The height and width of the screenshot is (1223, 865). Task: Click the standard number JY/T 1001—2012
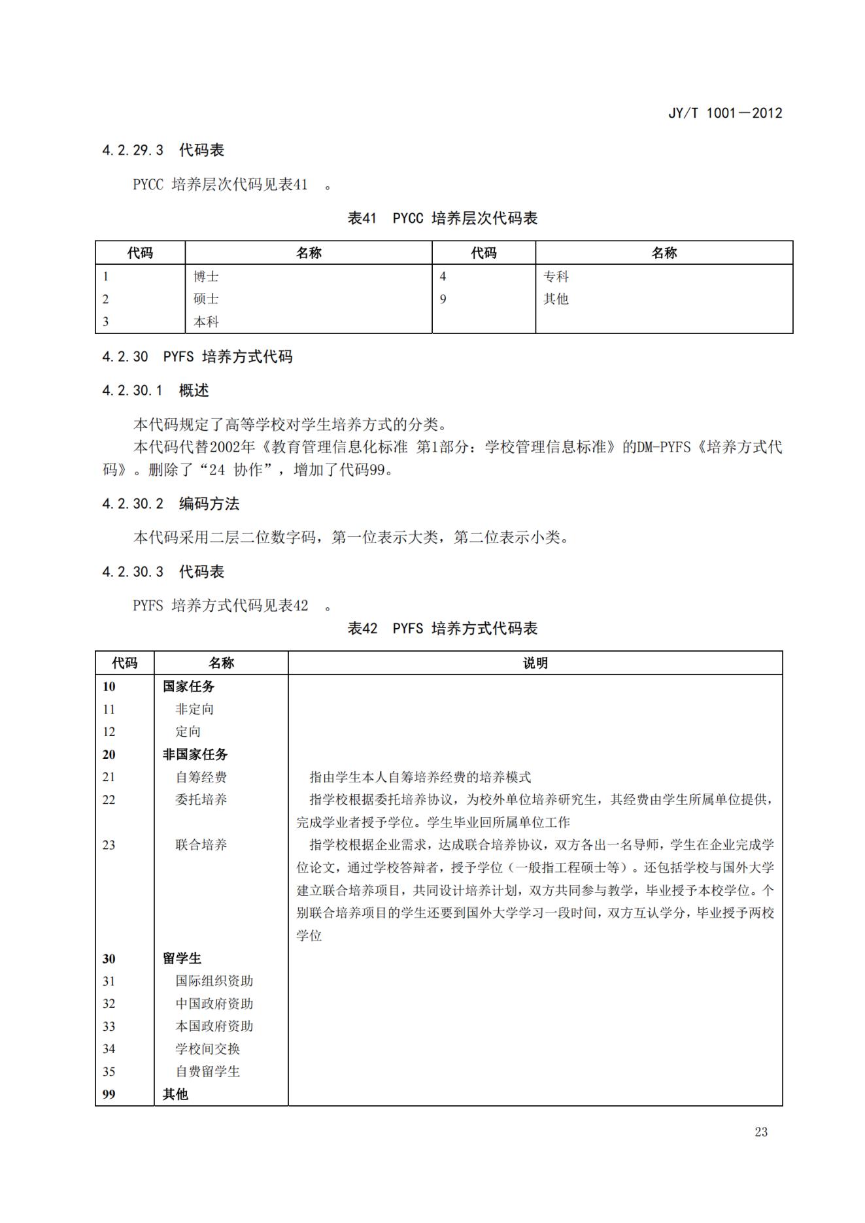[x=724, y=113]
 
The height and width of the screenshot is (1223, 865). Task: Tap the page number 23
[x=760, y=1132]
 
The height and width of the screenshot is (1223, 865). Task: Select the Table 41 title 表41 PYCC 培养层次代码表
[x=442, y=218]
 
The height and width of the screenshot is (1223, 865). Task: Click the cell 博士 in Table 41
[x=206, y=276]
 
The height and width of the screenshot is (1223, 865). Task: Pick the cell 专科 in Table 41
[x=556, y=276]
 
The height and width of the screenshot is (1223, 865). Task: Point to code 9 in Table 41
[x=443, y=299]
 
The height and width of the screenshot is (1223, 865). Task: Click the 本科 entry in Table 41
[x=206, y=322]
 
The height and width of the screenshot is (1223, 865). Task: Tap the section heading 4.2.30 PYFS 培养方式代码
[x=197, y=357]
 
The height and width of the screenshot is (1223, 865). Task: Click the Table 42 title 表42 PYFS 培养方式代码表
[x=442, y=629]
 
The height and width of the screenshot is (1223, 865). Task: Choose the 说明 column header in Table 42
[x=535, y=663]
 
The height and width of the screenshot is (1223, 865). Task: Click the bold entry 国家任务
[x=188, y=686]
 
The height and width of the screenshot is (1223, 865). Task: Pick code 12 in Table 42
[x=109, y=732]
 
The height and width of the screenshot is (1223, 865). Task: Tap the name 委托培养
[x=201, y=799]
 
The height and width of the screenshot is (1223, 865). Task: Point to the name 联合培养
[x=201, y=845]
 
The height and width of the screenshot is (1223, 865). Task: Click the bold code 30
[x=109, y=959]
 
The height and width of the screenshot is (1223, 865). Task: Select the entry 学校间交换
[x=207, y=1049]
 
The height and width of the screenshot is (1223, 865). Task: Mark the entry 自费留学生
[x=207, y=1072]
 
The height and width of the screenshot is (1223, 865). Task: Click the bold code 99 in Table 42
[x=109, y=1095]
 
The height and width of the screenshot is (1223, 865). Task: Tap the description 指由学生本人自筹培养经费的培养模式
[x=420, y=777]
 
